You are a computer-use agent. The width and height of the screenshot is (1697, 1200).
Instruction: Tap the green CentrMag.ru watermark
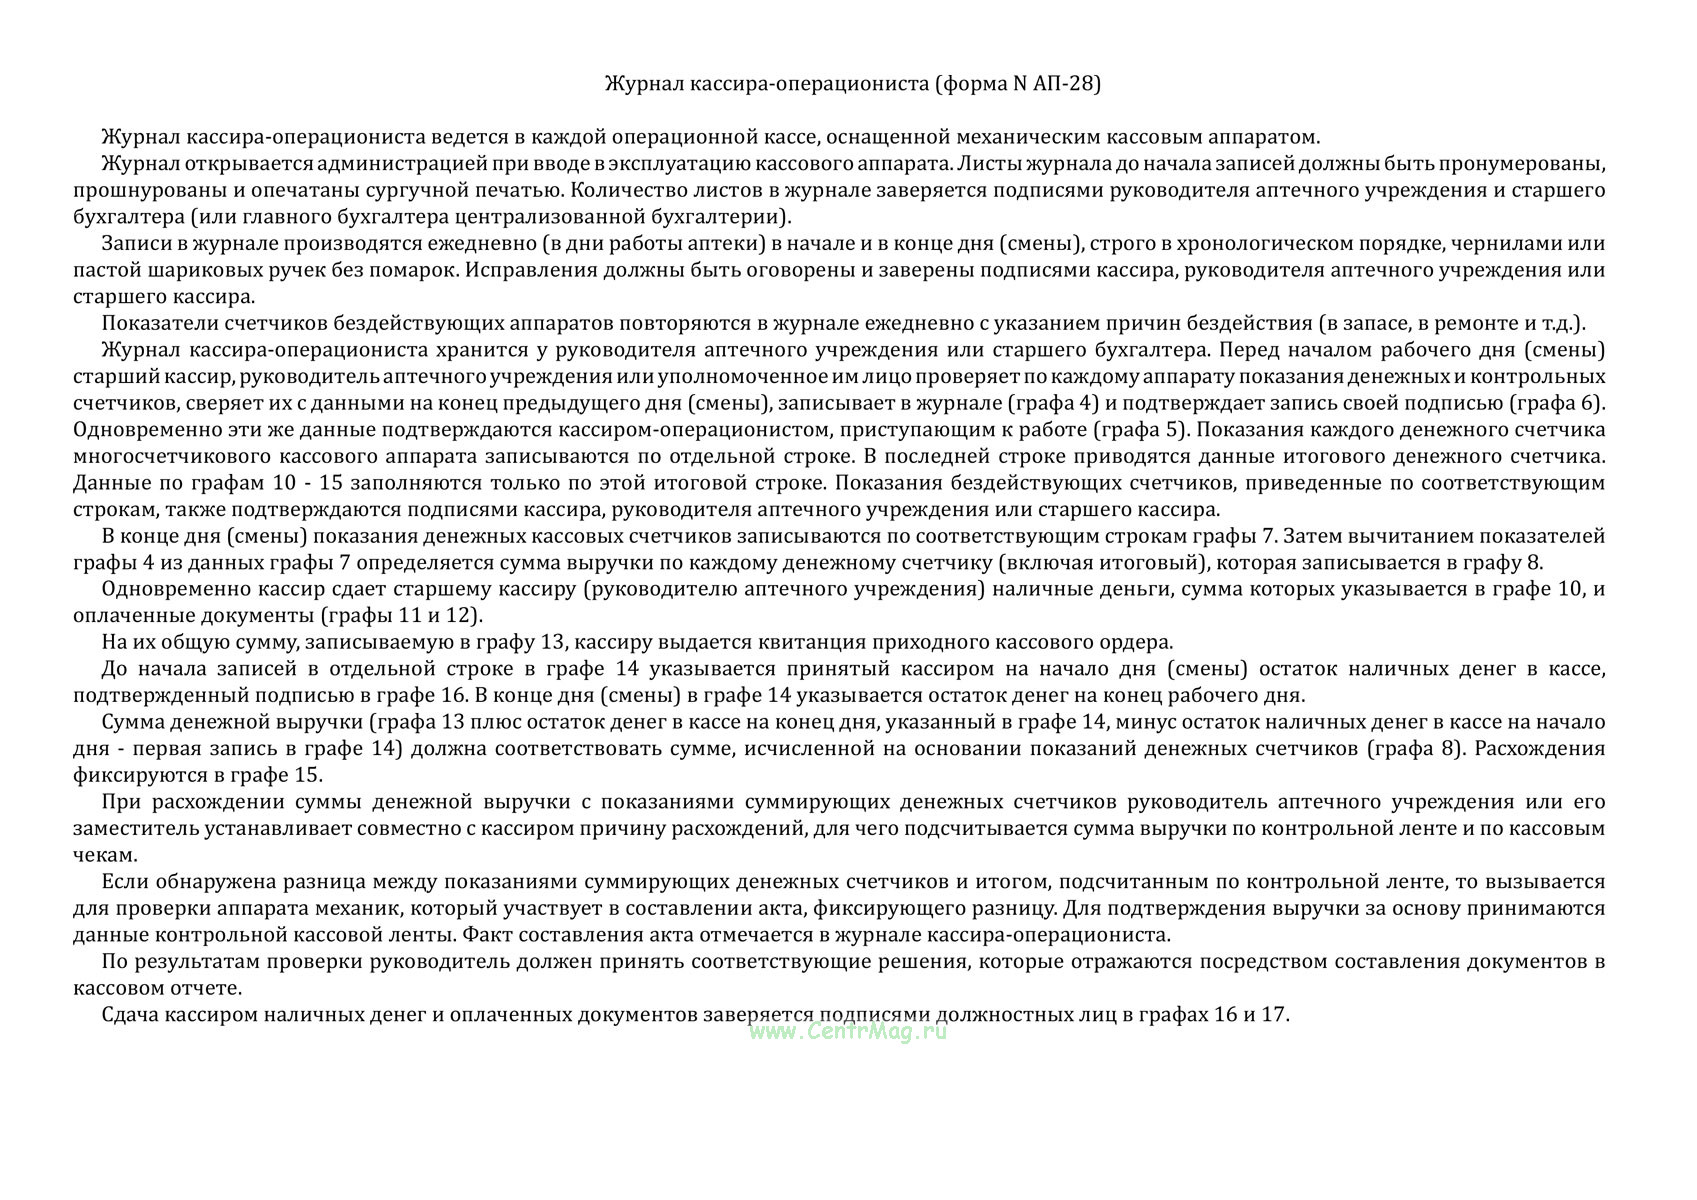pyautogui.click(x=847, y=1032)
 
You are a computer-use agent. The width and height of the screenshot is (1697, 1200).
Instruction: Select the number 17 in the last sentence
pyautogui.click(x=1273, y=1015)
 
